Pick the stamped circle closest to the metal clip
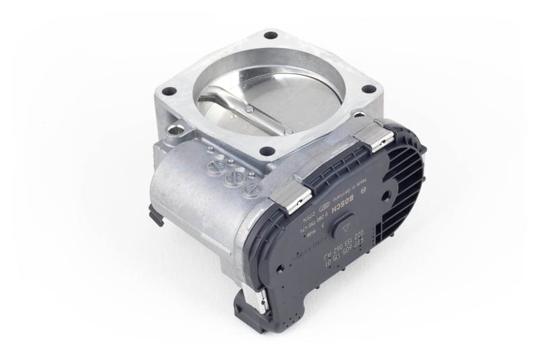click(x=251, y=190)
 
